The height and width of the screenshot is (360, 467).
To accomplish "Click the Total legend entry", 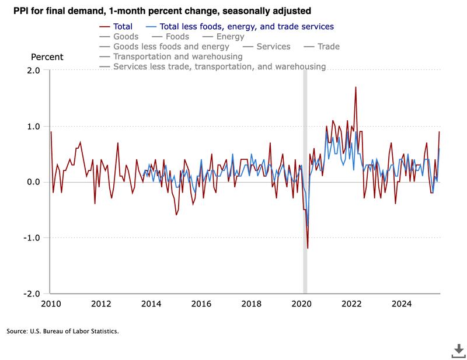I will (123, 27).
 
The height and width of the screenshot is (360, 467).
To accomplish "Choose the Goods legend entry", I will (126, 37).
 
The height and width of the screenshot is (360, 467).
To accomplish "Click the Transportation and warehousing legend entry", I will (177, 57).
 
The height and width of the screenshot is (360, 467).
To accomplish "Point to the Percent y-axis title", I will (47, 57).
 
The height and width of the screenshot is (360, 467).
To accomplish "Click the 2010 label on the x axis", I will (51, 304).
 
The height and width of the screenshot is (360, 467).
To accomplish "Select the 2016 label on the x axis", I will (201, 304).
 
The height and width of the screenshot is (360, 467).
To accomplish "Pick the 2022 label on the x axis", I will (351, 304).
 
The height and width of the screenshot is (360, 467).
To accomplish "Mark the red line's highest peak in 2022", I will (356, 87).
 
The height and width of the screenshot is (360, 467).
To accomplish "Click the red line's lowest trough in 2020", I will (308, 249).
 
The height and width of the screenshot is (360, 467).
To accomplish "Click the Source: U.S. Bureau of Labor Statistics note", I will (63, 331).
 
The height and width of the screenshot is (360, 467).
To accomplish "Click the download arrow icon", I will (458, 350).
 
